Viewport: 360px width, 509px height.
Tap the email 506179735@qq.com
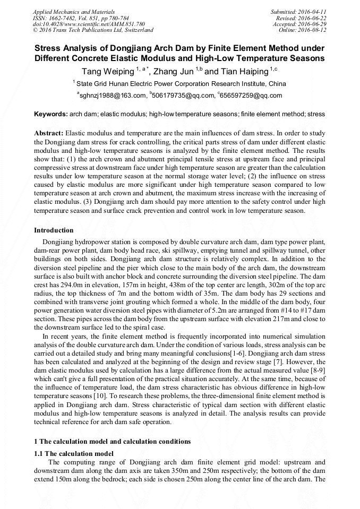point(183,96)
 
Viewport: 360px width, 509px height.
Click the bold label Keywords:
point(51,114)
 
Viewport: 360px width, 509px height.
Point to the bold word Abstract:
point(49,133)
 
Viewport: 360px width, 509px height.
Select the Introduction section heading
point(54,230)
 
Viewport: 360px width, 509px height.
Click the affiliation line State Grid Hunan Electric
point(181,84)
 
